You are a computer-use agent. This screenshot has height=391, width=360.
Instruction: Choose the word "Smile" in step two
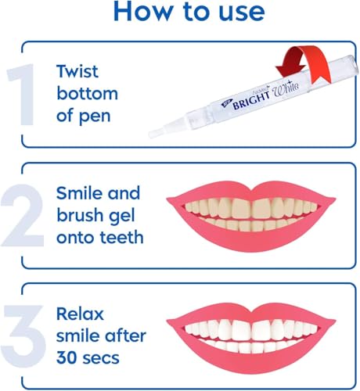point(77,192)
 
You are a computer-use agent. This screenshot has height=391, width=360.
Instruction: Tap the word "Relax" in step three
point(77,314)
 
